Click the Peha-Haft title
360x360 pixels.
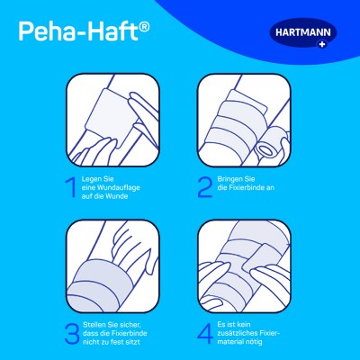click(84, 31)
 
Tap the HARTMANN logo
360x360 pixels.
click(303, 33)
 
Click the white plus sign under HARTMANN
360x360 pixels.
click(322, 45)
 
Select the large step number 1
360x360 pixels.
click(71, 187)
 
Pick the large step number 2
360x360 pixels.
click(205, 187)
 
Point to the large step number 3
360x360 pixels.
click(72, 333)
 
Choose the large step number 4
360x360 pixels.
click(205, 333)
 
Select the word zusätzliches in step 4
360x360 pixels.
click(237, 333)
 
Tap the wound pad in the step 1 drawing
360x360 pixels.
click(109, 117)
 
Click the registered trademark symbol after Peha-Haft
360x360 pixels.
click(144, 27)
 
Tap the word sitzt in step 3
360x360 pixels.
click(132, 342)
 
